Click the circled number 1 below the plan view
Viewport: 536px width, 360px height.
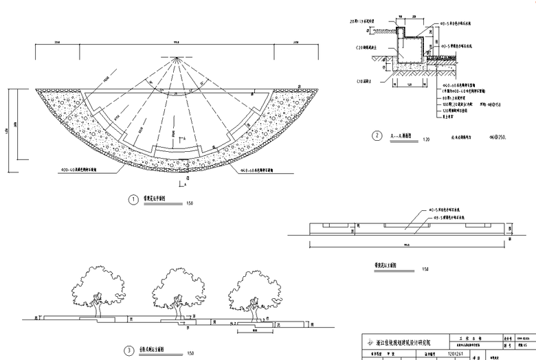[134, 200]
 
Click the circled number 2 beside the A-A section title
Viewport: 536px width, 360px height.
[377, 136]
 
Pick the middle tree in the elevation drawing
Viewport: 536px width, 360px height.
[177, 288]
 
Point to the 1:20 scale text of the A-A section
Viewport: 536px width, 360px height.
[425, 139]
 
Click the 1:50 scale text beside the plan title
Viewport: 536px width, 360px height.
[190, 203]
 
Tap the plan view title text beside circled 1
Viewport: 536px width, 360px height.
[159, 200]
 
